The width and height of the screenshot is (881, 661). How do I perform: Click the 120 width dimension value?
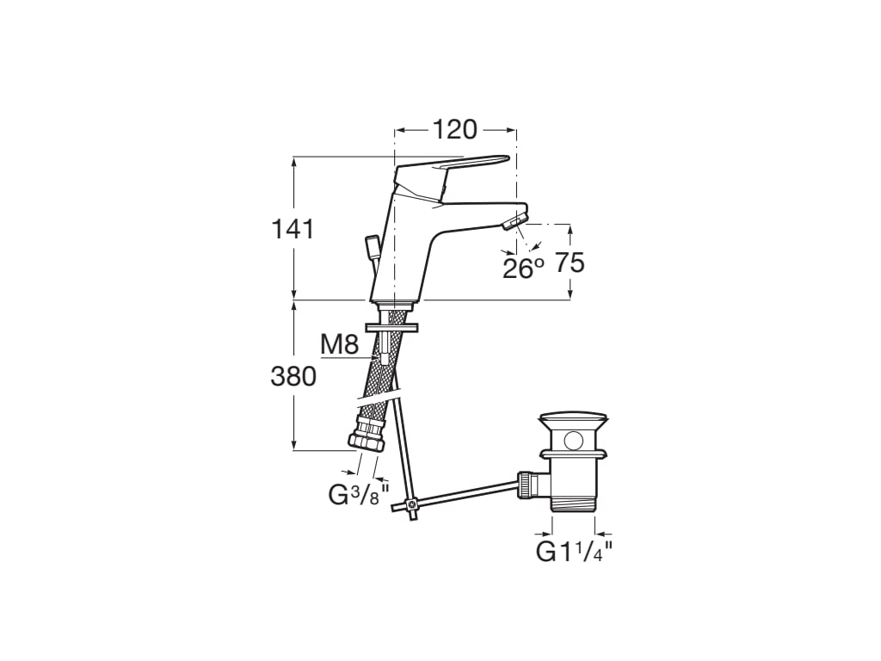click(x=454, y=130)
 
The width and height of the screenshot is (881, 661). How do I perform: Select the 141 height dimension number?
click(x=293, y=229)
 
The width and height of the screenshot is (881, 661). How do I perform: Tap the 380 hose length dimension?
click(x=293, y=377)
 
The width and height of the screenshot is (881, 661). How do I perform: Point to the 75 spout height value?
click(x=570, y=263)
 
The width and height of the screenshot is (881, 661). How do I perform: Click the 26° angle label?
click(x=523, y=269)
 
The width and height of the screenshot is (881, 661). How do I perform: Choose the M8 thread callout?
click(x=339, y=344)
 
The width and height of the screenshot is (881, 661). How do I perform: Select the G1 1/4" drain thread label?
click(x=574, y=552)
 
